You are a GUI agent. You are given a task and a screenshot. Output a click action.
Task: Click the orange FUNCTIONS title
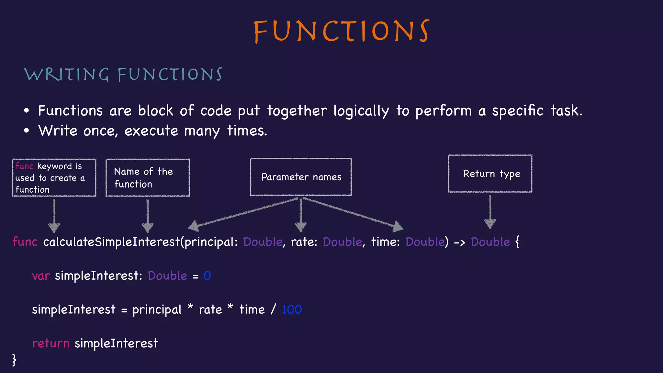click(342, 31)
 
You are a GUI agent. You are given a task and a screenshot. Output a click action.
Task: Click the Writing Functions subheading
click(123, 74)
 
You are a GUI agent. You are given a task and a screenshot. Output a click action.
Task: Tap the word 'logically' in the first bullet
click(361, 111)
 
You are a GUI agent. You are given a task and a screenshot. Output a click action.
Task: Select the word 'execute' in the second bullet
click(151, 131)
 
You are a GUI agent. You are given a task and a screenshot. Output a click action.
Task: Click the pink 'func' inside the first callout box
click(24, 166)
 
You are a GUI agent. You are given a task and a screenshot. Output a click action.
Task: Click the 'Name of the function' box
click(148, 177)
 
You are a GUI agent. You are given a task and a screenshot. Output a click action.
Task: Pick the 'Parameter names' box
click(301, 177)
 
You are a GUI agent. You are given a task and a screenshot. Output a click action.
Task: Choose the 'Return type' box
click(490, 174)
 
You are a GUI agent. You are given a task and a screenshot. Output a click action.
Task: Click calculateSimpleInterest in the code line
click(111, 242)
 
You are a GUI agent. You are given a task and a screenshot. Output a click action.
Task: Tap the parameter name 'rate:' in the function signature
click(304, 242)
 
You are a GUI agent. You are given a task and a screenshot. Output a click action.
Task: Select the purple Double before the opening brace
click(490, 242)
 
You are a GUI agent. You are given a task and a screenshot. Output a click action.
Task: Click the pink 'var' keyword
click(41, 276)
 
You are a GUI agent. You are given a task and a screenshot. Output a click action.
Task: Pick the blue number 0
click(207, 276)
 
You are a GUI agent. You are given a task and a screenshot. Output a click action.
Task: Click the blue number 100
click(292, 310)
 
